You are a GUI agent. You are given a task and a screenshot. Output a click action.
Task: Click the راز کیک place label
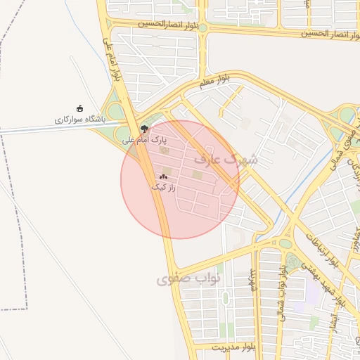pyautogui.click(x=162, y=188)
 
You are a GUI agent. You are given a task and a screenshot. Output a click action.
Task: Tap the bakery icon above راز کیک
pyautogui.click(x=163, y=177)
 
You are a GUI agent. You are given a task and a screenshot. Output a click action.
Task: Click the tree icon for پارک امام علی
pyautogui.click(x=144, y=129)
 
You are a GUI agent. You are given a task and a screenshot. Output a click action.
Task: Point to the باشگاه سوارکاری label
pyautogui.click(x=79, y=120)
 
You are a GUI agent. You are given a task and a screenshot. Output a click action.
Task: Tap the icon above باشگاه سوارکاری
pyautogui.click(x=79, y=108)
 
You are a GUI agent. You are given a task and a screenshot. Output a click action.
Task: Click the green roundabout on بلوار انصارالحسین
pyautogui.click(x=202, y=27)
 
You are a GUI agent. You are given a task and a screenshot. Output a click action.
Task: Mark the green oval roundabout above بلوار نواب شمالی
pyautogui.click(x=285, y=244)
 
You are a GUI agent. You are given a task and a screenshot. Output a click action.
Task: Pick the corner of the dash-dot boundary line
pyautogui.click(x=26, y=308)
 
